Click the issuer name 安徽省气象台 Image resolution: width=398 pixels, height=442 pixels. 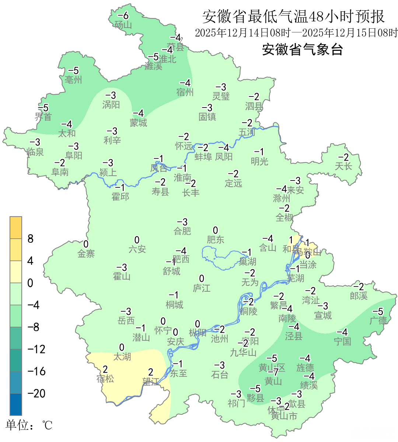[302, 49]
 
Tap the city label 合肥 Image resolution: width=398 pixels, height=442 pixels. [182, 231]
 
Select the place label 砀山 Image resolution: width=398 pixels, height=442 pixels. [123, 25]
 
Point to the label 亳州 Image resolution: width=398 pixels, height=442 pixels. [73, 80]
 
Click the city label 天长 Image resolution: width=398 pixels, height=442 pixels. [343, 166]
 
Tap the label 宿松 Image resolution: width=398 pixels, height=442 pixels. [105, 379]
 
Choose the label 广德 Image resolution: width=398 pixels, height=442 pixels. [378, 320]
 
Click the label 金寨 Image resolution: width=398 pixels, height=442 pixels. [86, 253]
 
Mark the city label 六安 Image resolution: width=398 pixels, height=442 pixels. [137, 249]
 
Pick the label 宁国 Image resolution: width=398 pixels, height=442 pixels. [342, 341]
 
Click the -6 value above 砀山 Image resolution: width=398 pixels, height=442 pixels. [123, 15]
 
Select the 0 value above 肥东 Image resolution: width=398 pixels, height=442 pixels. [216, 231]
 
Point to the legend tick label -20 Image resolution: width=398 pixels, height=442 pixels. [36, 393]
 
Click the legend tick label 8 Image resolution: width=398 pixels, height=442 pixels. [31, 239]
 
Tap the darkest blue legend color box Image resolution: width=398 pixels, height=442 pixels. [16, 404]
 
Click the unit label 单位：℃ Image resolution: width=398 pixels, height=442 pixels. [29, 426]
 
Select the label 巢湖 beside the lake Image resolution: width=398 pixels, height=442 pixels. [247, 262]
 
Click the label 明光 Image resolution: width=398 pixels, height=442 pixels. [259, 161]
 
